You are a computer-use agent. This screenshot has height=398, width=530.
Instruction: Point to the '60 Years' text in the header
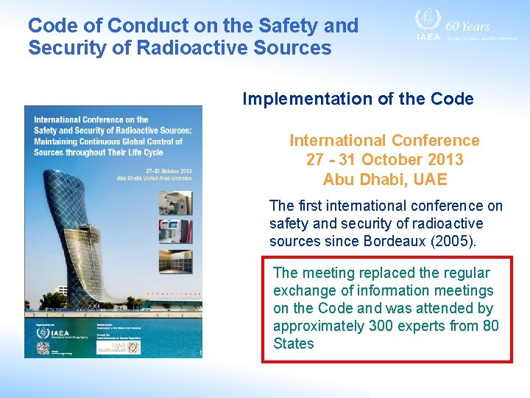pos(467,26)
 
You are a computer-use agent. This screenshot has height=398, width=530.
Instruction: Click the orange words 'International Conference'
pos(384,141)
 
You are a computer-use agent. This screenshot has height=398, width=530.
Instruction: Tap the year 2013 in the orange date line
pos(444,160)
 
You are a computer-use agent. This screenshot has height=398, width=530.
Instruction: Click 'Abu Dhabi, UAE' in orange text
pos(384,179)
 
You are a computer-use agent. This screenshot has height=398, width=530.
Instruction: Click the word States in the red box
pos(293,343)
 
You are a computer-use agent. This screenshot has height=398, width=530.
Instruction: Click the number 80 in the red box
pos(490,326)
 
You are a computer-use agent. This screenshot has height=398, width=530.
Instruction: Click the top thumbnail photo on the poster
pos(175,203)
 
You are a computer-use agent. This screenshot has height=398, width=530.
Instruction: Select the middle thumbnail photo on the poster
pos(175,231)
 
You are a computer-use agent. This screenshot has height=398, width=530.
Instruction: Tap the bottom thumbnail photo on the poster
pos(175,261)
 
